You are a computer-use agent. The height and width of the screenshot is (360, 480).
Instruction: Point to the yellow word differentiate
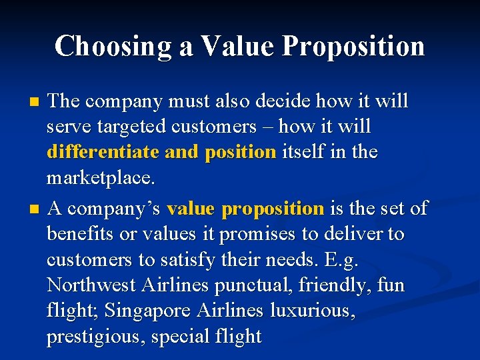103,152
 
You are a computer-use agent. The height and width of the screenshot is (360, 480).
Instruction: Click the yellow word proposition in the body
273,209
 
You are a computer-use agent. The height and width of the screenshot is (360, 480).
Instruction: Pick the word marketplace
100,177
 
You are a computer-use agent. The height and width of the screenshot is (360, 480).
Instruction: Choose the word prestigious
96,337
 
